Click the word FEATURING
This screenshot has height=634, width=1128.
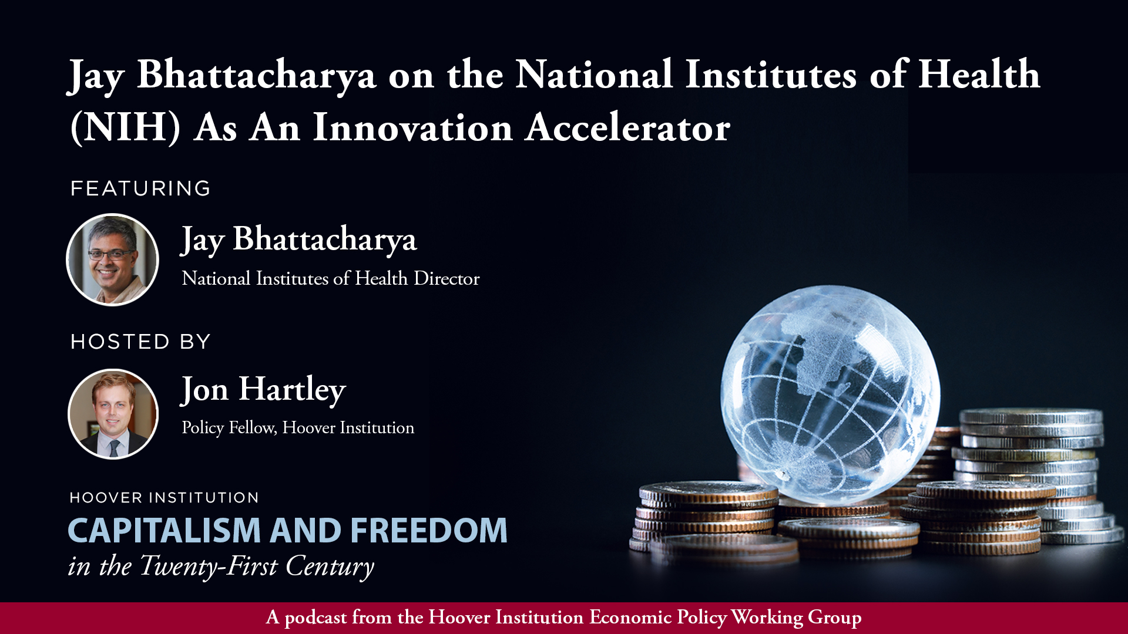[140, 188]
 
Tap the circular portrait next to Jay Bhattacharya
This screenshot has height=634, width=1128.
[112, 259]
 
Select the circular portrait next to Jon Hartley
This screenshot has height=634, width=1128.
[113, 414]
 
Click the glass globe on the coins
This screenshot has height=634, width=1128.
[830, 394]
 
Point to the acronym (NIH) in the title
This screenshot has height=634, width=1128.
[125, 127]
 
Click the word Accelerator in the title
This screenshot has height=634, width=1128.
[628, 127]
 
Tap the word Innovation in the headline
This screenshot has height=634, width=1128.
[412, 127]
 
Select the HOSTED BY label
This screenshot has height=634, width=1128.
[140, 342]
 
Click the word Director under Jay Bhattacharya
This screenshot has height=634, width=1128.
[446, 278]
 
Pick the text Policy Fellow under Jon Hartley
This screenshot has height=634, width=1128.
[229, 428]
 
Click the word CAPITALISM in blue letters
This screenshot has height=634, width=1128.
[164, 530]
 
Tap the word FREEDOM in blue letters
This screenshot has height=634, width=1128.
[429, 530]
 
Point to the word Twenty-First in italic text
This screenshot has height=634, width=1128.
[209, 566]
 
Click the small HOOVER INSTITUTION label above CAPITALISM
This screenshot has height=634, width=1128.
[164, 498]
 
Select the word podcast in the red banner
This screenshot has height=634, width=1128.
[316, 618]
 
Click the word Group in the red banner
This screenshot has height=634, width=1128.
[835, 618]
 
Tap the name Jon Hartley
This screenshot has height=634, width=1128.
[264, 390]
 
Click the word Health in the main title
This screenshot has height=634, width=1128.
[979, 74]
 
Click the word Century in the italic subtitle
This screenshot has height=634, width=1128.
[330, 566]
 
